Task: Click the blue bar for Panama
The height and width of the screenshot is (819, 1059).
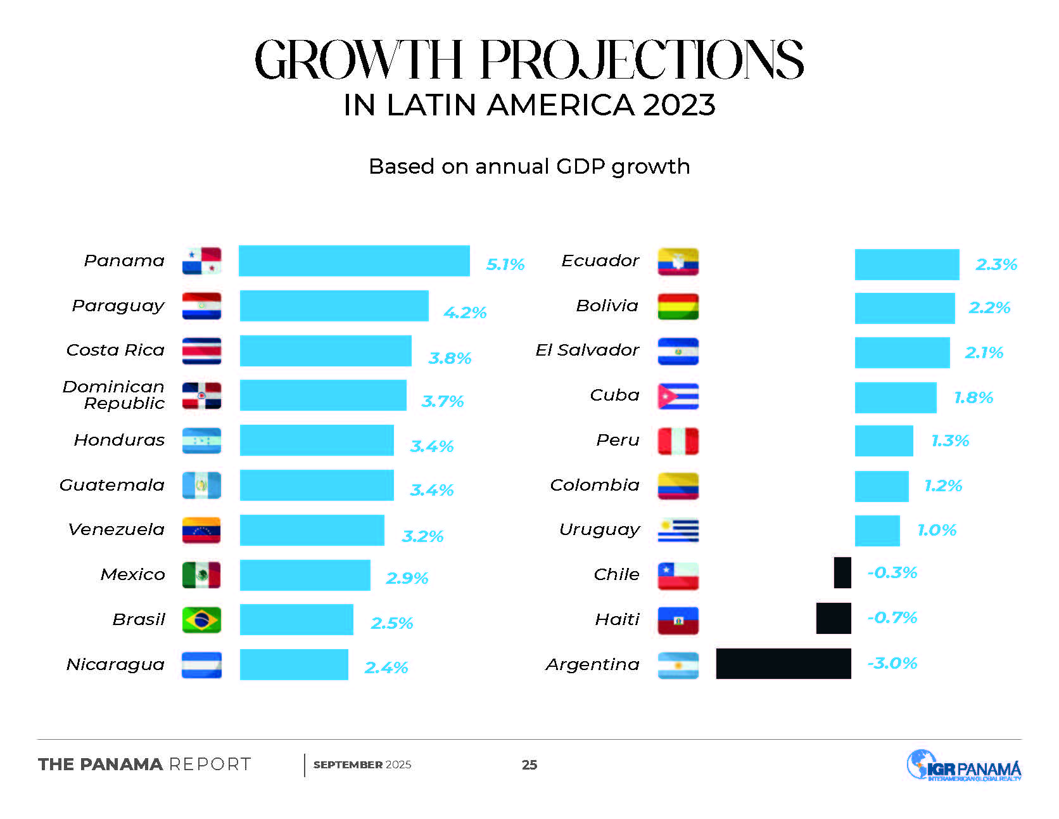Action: pos(354,261)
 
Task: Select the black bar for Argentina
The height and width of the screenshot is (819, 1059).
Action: pos(783,664)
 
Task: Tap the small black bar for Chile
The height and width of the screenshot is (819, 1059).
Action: pos(842,572)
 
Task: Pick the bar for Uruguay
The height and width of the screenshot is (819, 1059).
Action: pos(877,531)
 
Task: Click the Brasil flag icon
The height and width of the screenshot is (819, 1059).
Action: pos(201,620)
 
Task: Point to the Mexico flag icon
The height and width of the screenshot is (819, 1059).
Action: pos(201,575)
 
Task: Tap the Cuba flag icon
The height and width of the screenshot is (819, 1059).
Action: pos(678,396)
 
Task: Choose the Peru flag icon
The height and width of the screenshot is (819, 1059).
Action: pos(678,441)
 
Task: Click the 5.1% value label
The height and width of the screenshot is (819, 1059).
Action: pos(505,264)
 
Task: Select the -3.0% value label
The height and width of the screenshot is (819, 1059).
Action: pos(892,664)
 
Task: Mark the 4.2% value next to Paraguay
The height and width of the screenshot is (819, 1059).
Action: pos(465,313)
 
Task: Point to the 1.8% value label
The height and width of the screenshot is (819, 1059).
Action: pos(973,397)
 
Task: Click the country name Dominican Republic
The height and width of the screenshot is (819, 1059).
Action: pos(114,395)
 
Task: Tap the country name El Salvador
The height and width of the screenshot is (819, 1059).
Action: pos(587,350)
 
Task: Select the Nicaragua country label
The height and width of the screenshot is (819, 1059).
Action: pos(115,664)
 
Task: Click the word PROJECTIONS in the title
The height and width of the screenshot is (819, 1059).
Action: pos(642,60)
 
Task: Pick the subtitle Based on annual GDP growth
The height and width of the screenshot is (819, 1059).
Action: pos(529,167)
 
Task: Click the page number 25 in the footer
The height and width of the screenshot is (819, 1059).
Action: pos(529,765)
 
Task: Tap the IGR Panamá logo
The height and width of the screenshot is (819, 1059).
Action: pos(963,766)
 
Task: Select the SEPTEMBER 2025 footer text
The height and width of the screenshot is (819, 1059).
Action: pos(362,765)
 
